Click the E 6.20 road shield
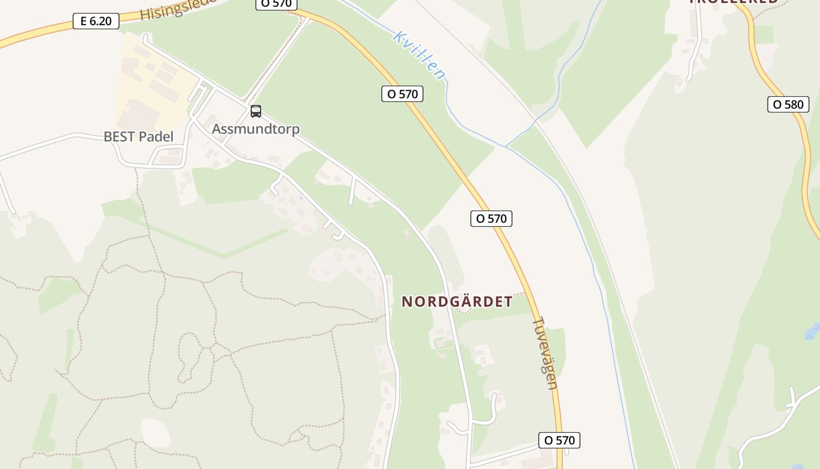[96, 22]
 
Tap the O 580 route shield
[788, 104]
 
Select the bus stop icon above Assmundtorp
[255, 111]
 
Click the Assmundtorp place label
[255, 129]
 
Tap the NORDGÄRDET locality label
[456, 302]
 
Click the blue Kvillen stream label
[419, 55]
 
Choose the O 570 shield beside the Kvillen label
[402, 94]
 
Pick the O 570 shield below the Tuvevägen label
[559, 440]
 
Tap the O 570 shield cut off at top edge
[276, 4]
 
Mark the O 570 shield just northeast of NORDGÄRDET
[491, 219]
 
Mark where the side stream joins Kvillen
[507, 146]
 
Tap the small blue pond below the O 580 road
[812, 331]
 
